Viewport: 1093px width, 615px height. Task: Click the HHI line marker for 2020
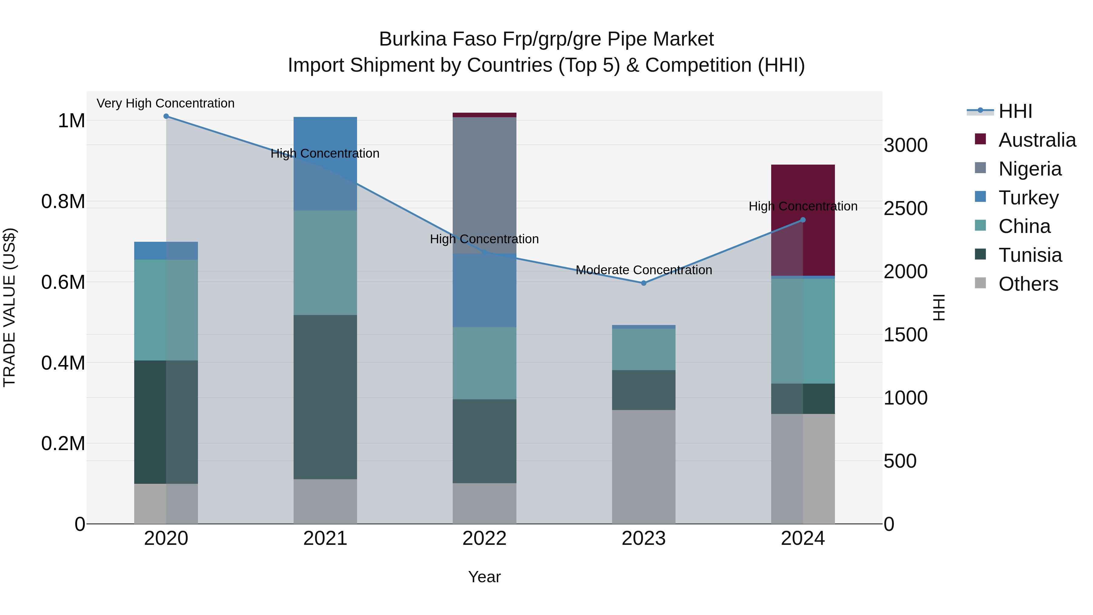coord(166,116)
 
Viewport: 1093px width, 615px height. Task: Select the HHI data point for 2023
coord(644,283)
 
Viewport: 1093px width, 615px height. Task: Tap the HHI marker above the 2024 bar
coord(803,220)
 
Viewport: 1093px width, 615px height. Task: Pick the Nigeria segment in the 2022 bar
coord(485,185)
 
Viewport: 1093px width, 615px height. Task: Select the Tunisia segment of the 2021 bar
coord(325,397)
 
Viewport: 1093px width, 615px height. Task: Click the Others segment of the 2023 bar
coord(644,466)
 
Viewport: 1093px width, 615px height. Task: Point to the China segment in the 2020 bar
coord(166,310)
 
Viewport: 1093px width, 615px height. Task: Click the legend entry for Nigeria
coord(1030,169)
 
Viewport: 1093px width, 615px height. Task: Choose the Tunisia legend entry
coord(1030,255)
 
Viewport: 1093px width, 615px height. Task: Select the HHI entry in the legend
coord(1015,111)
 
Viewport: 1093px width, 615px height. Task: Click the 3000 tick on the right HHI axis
coord(905,145)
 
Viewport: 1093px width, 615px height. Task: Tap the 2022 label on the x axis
coord(485,538)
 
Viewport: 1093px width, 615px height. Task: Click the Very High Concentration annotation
coord(165,103)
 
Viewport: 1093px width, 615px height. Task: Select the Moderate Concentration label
coord(644,270)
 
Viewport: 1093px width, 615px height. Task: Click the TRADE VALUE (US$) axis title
coord(9,307)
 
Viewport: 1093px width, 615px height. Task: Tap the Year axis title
coord(485,577)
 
